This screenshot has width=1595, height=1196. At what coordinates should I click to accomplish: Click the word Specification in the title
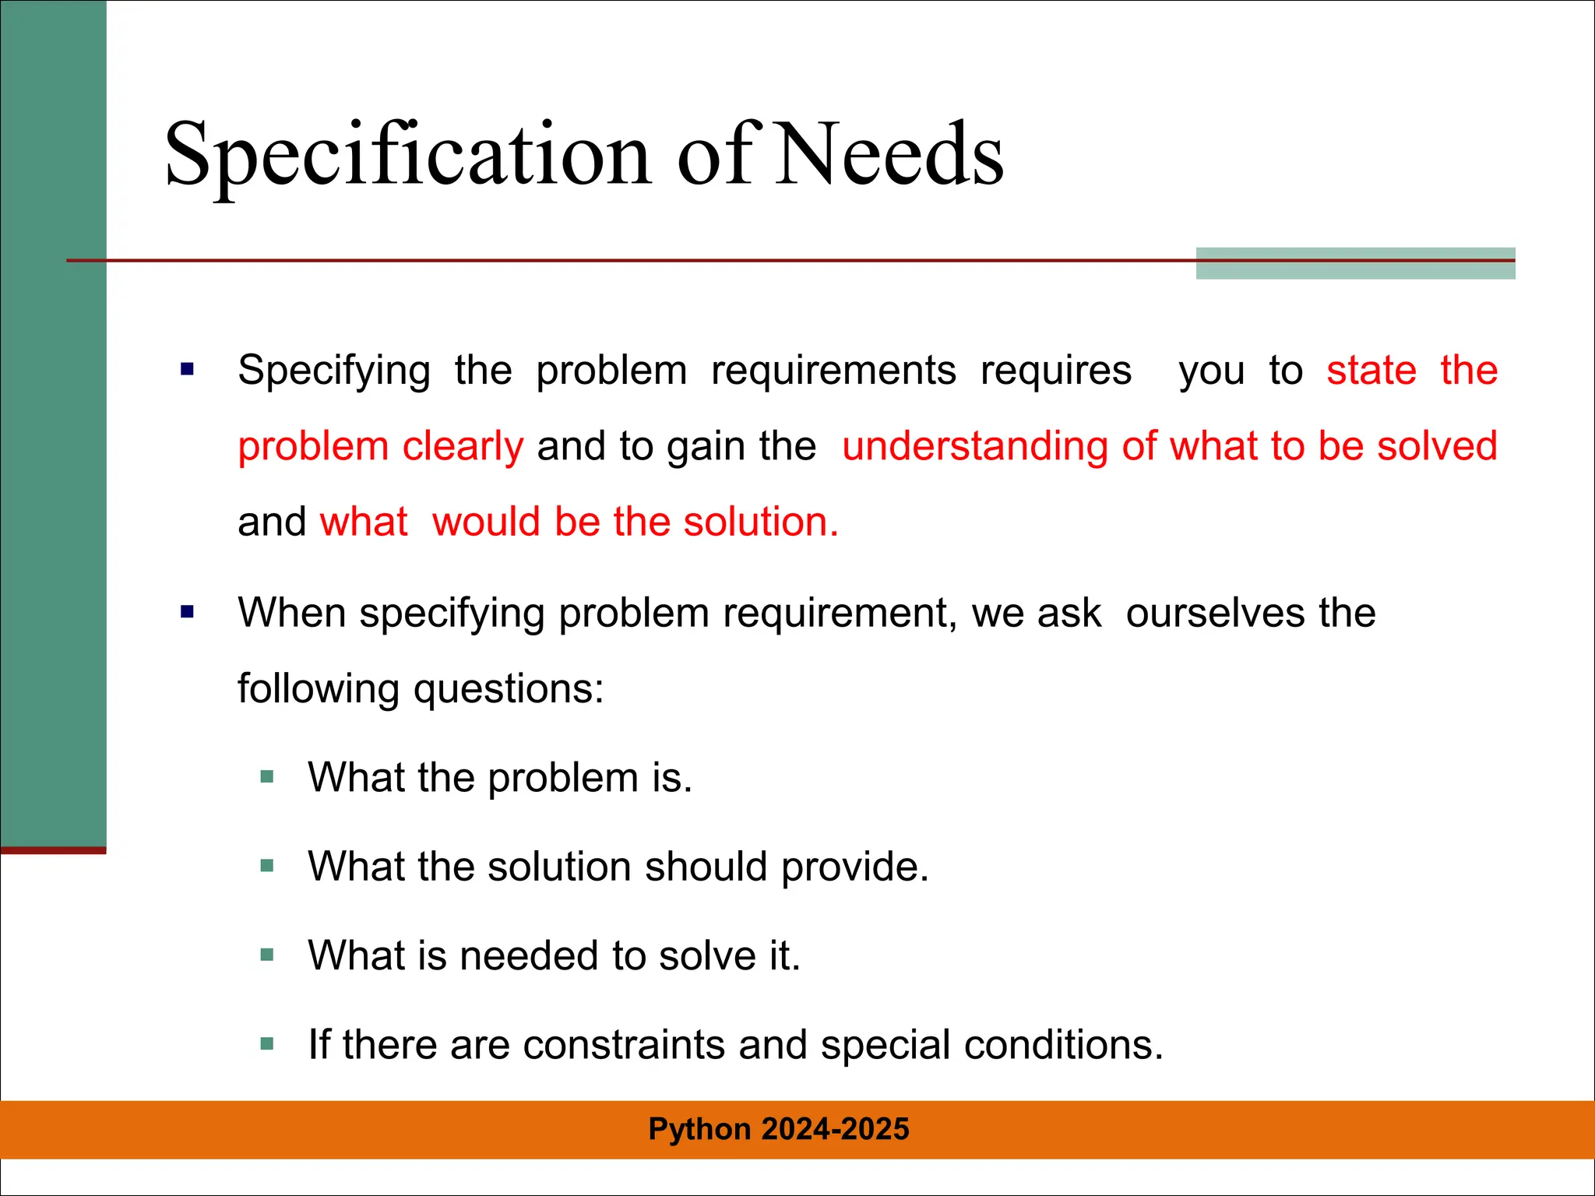(407, 156)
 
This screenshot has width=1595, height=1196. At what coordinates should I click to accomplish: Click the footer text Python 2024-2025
(779, 1129)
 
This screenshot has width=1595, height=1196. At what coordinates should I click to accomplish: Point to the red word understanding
(975, 447)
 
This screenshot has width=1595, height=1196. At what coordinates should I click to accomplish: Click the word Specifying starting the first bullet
(333, 371)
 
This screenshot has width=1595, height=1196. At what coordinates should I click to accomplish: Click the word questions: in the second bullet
(509, 689)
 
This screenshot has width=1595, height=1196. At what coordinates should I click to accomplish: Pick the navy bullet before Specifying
(187, 369)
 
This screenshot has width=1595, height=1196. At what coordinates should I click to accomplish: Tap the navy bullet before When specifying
(187, 612)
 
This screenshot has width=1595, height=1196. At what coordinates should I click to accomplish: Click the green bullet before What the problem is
(267, 776)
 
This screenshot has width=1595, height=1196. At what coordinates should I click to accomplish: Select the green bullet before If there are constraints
(267, 1044)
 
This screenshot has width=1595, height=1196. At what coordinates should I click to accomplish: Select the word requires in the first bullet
(1055, 371)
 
